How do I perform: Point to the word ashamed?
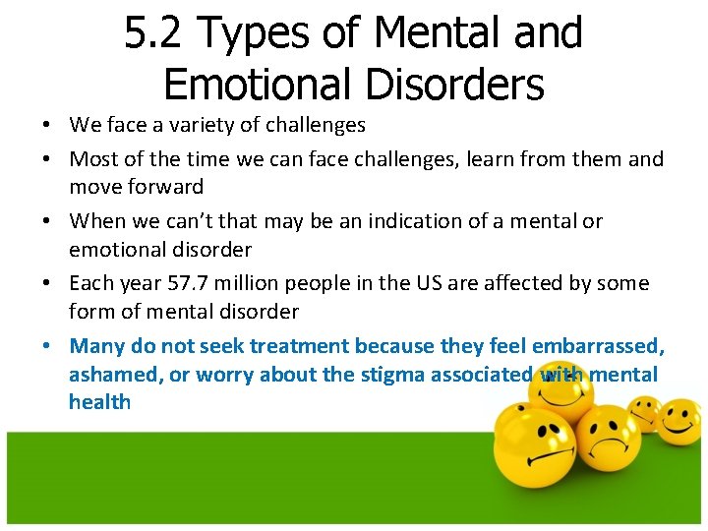108,374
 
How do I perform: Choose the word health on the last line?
99,401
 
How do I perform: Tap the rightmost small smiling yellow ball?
680,421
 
